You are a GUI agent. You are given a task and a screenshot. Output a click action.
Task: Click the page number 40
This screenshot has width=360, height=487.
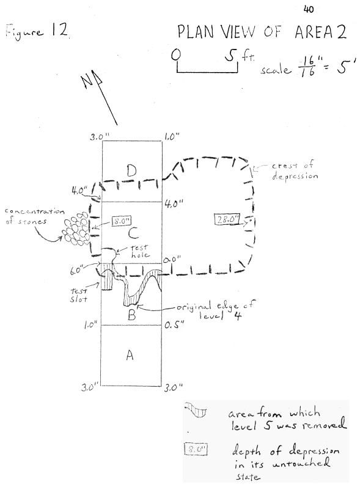tap(309, 10)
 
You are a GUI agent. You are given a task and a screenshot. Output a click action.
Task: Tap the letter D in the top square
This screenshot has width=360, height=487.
tap(131, 170)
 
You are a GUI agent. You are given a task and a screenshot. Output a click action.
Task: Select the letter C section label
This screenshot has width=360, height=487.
tap(133, 233)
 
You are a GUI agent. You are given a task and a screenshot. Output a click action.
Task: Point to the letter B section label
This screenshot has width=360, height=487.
tap(131, 315)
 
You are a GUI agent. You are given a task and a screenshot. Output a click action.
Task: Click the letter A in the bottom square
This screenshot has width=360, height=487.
tap(130, 354)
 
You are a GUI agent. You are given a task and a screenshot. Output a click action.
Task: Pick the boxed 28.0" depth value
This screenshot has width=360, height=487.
tap(227, 219)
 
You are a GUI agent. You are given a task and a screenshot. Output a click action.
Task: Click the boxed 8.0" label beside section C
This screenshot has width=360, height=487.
tap(121, 222)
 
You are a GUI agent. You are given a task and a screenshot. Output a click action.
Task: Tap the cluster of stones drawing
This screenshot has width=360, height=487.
tap(76, 229)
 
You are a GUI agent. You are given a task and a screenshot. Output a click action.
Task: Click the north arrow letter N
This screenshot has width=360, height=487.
tap(87, 81)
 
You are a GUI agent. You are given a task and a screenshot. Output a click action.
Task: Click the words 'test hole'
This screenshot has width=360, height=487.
tap(139, 251)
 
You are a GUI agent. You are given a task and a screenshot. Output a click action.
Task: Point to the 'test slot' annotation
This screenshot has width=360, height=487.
tap(79, 295)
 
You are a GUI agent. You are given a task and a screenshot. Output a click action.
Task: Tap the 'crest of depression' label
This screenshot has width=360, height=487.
tap(295, 170)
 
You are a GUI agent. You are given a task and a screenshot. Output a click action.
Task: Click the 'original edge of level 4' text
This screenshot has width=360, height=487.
tap(215, 310)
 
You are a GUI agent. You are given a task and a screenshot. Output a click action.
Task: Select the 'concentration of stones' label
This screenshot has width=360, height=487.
tap(35, 216)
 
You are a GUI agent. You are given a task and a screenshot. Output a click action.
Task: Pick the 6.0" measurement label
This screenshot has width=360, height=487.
tap(77, 270)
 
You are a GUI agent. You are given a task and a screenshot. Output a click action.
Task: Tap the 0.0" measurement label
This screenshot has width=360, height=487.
tap(172, 260)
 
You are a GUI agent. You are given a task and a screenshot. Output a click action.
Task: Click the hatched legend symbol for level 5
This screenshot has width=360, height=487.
tap(196, 409)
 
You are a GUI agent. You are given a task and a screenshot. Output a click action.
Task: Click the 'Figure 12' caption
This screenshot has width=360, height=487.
tap(36, 31)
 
